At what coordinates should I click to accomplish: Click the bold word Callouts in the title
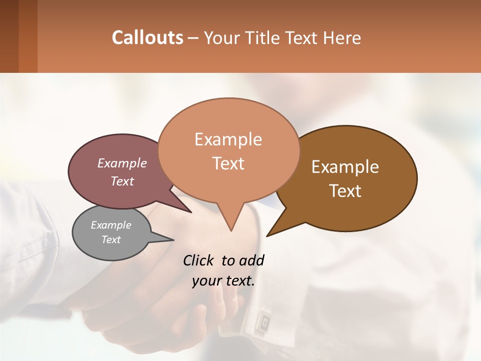click(x=147, y=38)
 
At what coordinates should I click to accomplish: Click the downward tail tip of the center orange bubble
click(x=230, y=230)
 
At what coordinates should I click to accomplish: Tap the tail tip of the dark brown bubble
click(x=268, y=235)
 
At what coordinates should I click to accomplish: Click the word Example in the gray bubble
click(x=111, y=225)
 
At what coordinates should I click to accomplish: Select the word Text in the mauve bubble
click(x=122, y=181)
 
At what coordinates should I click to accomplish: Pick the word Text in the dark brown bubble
click(x=346, y=191)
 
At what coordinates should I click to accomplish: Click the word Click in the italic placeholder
click(x=200, y=260)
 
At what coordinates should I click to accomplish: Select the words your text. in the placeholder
click(x=223, y=280)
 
